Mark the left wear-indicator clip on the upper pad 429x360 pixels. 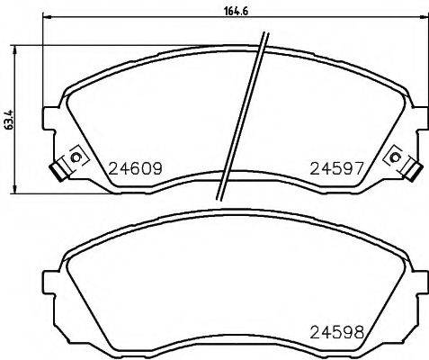[63, 166]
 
